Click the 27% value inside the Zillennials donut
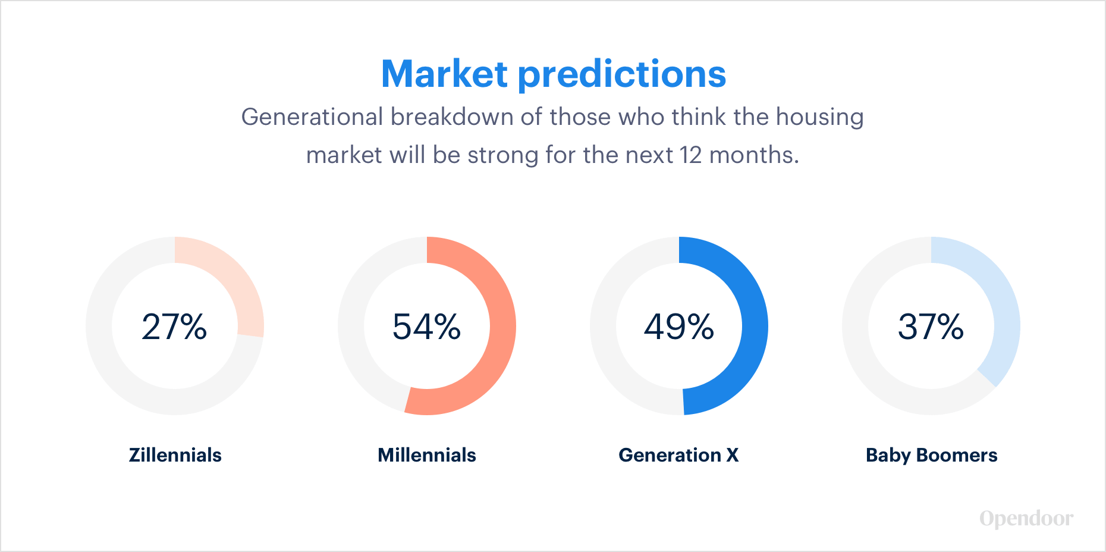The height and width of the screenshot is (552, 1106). point(174,327)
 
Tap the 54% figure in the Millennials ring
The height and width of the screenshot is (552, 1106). point(426,327)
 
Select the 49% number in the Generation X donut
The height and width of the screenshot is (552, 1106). point(679,327)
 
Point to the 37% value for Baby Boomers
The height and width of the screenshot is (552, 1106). point(931,327)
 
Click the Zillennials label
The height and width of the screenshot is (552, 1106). point(175,455)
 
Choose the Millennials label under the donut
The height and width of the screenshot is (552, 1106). point(427,455)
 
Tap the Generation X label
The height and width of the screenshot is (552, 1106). point(678,455)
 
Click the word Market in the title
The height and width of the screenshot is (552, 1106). point(444,74)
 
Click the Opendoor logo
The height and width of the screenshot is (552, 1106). point(1026,519)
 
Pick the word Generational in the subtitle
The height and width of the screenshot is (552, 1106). point(312,117)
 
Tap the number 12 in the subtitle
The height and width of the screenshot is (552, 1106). point(691,155)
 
